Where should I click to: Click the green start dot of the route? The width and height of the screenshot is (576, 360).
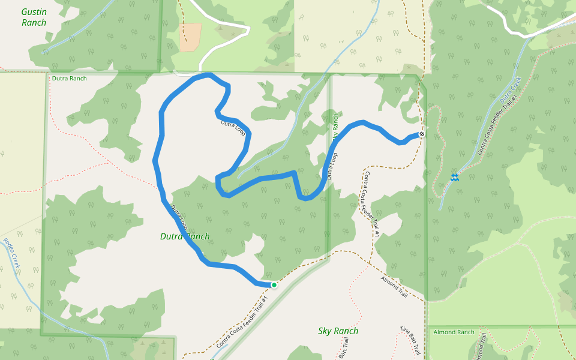coord(274,285)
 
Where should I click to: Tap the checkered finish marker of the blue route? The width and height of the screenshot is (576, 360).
coord(422,134)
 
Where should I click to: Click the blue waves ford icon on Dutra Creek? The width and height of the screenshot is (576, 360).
coord(455,176)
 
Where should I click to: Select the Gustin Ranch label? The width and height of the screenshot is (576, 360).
coord(34,17)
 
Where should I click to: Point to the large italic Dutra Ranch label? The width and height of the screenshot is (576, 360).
coord(185,236)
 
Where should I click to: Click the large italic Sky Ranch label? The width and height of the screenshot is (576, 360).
coord(338,331)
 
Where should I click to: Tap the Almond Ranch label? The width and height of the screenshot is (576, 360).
coord(454,332)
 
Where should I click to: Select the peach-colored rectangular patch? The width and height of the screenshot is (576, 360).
coord(190,37)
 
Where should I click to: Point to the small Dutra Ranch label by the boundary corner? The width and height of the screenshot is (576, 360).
coord(69,79)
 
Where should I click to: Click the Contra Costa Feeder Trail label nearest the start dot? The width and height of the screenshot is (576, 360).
coord(242,324)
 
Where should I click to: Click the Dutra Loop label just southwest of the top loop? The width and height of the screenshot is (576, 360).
coord(233,127)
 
